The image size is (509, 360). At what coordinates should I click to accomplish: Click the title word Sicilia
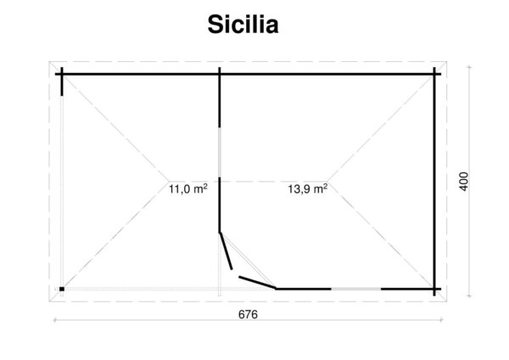[x=243, y=25]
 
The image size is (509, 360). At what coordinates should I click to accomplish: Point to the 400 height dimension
[x=462, y=181]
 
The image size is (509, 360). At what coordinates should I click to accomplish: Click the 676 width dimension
[x=248, y=313]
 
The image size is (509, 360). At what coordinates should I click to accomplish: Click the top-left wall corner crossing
[x=62, y=74]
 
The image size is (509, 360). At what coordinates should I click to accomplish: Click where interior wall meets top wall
[x=220, y=74]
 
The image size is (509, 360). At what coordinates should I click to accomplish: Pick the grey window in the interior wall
[x=220, y=152]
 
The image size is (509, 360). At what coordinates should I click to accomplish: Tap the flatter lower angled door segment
[x=257, y=282]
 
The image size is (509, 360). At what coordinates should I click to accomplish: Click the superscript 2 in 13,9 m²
[x=327, y=187]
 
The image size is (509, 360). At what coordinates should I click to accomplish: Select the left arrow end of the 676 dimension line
[x=55, y=320]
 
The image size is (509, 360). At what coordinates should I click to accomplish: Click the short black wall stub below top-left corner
[x=62, y=86]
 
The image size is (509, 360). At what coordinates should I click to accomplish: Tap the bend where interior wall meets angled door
[x=220, y=231]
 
